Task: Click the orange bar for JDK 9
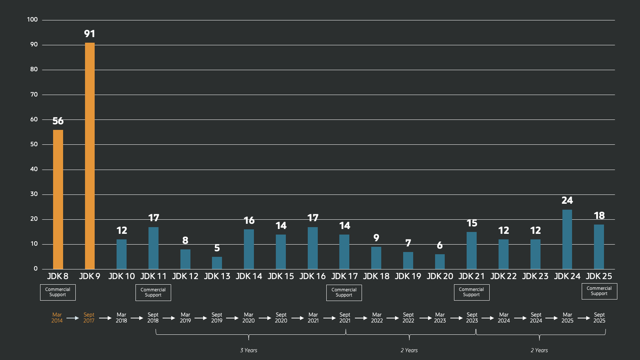(x=90, y=156)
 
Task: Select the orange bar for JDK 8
(x=58, y=199)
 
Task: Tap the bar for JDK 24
(x=567, y=239)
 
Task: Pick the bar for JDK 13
(x=217, y=263)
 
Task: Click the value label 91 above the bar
(x=89, y=34)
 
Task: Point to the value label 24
(x=567, y=200)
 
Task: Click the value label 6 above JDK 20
(x=440, y=245)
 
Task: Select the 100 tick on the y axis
(x=32, y=20)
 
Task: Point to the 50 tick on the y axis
(x=34, y=144)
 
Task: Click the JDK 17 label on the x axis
(x=345, y=276)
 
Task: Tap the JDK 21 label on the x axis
(x=471, y=276)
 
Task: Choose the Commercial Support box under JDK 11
(x=153, y=292)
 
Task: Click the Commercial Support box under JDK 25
(x=599, y=291)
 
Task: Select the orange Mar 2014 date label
(x=57, y=318)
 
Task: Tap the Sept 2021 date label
(x=345, y=318)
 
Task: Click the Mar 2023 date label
(x=440, y=318)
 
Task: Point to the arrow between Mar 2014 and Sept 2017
(x=73, y=318)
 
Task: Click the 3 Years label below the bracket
(x=249, y=350)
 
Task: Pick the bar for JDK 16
(x=313, y=248)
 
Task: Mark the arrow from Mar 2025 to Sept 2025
(x=584, y=318)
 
